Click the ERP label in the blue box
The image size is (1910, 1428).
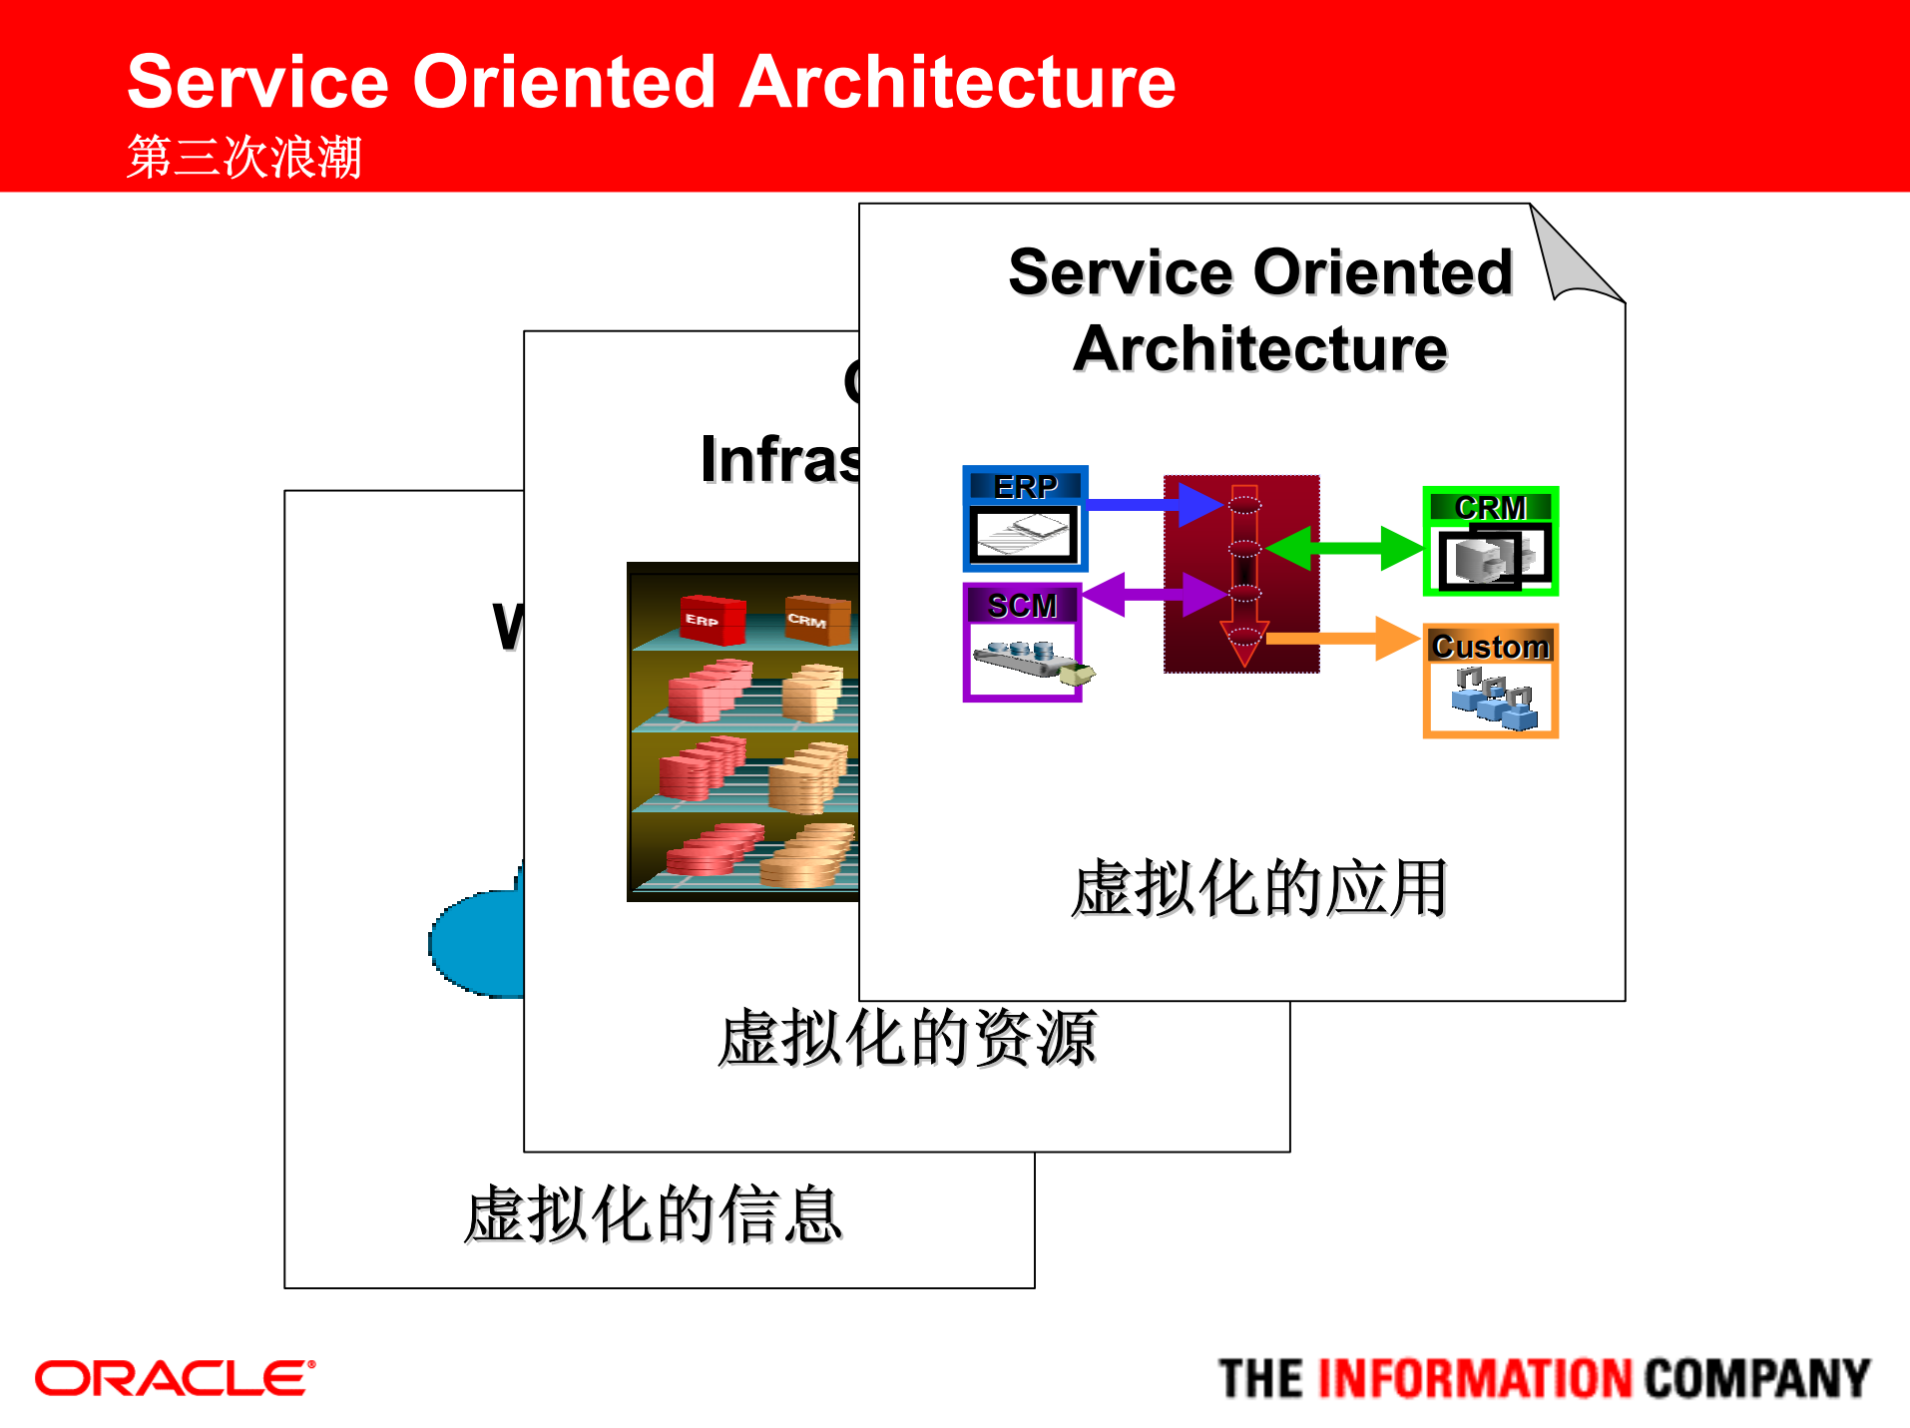pos(1025,486)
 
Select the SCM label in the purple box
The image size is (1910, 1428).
pos(1022,605)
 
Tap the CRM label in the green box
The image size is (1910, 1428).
pos(1490,507)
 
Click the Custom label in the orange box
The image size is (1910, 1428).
pos(1490,647)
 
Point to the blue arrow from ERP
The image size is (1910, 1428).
pos(1148,504)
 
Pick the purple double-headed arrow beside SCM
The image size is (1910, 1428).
pos(1153,595)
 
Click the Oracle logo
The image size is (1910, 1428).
pos(176,1378)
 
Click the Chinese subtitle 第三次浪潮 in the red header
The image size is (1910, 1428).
pos(243,157)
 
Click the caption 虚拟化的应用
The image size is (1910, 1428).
pos(1258,888)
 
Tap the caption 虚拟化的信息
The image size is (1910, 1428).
pos(654,1214)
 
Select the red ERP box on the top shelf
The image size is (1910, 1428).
pos(712,619)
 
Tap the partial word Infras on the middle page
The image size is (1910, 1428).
pos(779,460)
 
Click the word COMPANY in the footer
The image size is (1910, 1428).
pos(1755,1378)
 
